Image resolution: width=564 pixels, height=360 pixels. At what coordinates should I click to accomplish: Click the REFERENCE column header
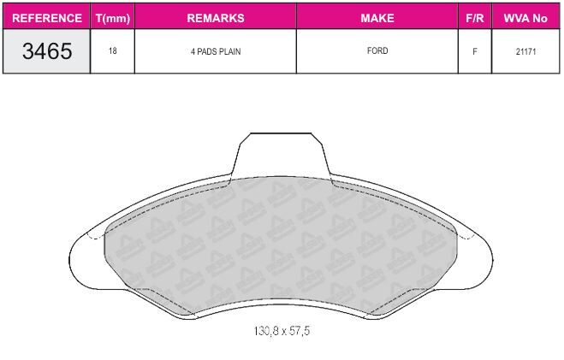point(47,18)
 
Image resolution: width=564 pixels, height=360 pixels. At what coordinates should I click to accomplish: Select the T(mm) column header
point(113,18)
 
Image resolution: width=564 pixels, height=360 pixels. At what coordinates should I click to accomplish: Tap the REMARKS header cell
point(216,18)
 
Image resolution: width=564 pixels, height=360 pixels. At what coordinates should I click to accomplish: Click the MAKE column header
point(377,18)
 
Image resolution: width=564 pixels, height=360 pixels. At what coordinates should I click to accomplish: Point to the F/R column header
point(475,18)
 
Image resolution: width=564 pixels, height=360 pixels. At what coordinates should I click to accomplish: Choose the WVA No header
point(525,18)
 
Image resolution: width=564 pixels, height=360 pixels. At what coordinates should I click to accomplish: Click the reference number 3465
point(47,51)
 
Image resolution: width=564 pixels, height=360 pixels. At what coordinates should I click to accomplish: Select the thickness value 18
point(113,50)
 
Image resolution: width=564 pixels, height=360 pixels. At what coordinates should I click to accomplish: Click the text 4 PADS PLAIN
point(216,51)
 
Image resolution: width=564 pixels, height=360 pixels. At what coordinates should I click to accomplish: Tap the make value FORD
point(377,50)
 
